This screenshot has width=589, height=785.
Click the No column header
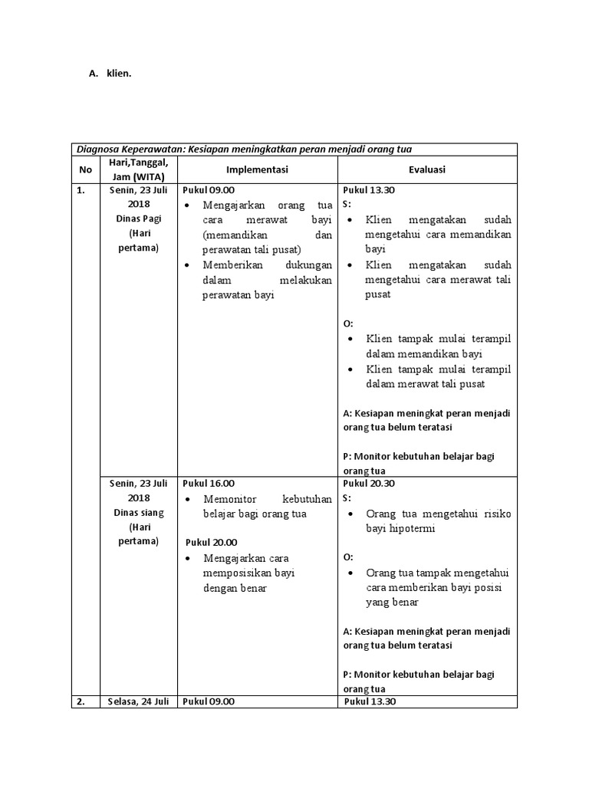(85, 169)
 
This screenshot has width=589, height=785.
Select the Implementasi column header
(257, 169)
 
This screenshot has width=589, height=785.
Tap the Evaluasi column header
(427, 169)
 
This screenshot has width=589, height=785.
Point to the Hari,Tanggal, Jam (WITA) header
(139, 169)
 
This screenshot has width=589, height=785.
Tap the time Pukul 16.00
(209, 484)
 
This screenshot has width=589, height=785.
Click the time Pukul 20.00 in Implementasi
(212, 542)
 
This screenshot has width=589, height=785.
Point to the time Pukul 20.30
(369, 484)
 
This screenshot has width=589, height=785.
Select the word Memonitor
(228, 499)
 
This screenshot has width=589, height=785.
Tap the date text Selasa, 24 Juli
(139, 701)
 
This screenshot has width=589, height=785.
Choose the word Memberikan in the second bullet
(232, 264)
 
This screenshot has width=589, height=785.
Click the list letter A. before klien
(94, 74)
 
